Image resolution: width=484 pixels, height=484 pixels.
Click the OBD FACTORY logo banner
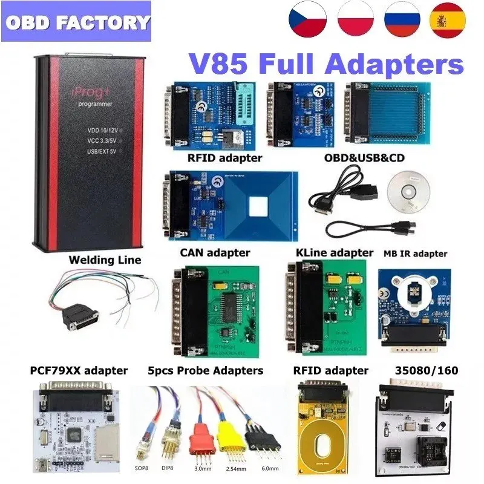77,23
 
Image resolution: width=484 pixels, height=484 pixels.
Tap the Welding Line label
105,260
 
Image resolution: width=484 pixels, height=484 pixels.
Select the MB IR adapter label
416,253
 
